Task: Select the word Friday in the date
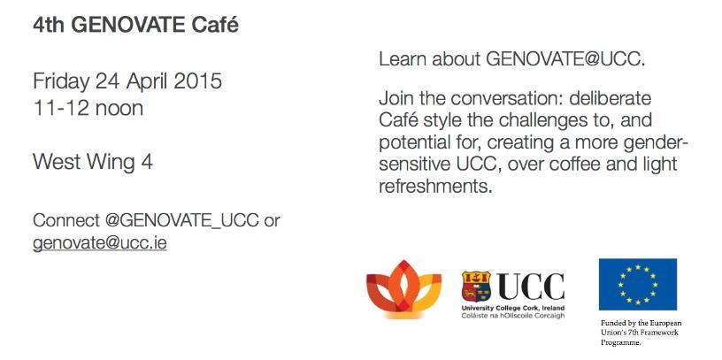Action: pos(61,82)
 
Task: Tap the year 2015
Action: pos(197,81)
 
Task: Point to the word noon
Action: pos(119,109)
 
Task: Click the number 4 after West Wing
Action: pos(147,162)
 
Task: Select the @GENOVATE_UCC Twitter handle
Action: pos(182,221)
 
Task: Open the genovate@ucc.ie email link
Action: pos(99,243)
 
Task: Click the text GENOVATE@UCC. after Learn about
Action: pos(565,59)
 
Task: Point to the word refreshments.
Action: pos(435,187)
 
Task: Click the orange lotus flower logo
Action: pos(403,289)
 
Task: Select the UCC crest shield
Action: pos(476,286)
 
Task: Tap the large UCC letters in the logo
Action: pos(531,287)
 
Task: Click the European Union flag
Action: pos(638,284)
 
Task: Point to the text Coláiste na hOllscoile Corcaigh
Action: pos(513,317)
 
